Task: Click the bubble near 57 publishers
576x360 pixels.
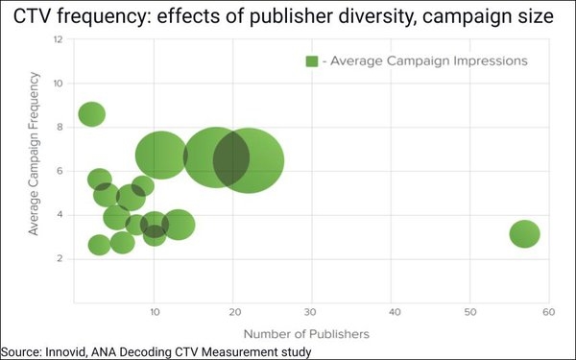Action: click(x=524, y=233)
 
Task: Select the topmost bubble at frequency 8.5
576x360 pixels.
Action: click(x=92, y=114)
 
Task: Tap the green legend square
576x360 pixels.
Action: click(x=312, y=60)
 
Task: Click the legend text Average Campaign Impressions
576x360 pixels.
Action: click(x=425, y=60)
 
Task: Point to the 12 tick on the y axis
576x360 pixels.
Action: click(x=59, y=39)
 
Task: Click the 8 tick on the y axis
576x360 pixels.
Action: click(x=60, y=127)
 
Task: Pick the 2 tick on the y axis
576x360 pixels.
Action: click(x=60, y=258)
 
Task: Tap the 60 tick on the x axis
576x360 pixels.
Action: click(x=548, y=312)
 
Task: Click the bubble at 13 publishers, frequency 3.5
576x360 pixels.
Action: click(x=179, y=225)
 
